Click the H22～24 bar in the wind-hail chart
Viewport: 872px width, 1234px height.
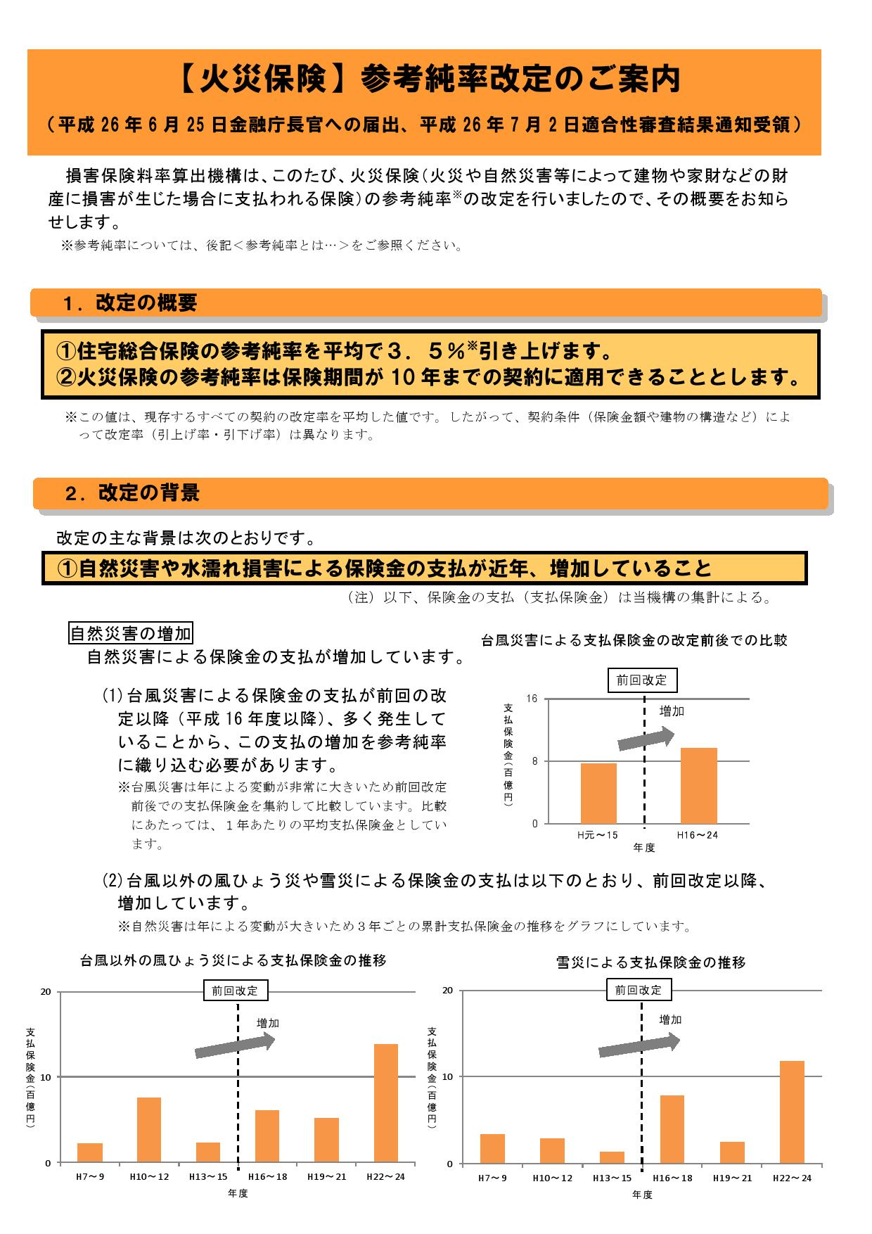click(386, 1102)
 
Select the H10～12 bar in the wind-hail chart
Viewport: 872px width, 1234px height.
click(149, 1129)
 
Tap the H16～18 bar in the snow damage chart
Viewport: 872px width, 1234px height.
click(672, 1128)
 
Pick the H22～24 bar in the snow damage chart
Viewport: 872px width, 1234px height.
click(792, 1112)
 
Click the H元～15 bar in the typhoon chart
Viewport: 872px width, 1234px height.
click(598, 793)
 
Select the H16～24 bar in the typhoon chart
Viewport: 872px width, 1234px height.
click(698, 785)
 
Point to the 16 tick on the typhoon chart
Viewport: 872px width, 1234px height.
click(532, 699)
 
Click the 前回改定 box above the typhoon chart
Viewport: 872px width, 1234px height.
click(642, 680)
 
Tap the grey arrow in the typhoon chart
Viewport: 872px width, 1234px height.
click(646, 739)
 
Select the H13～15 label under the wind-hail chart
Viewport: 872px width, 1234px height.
click(207, 1176)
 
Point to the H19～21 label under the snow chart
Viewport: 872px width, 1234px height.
click(732, 1178)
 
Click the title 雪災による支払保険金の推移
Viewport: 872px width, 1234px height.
click(650, 962)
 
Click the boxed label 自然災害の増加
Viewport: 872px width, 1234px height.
click(131, 633)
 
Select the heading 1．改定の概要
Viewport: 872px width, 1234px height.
click(130, 303)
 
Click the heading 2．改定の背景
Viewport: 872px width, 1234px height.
click(132, 492)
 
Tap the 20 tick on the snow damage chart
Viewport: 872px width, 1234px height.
click(447, 991)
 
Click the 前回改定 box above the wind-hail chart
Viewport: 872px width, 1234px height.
click(236, 991)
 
